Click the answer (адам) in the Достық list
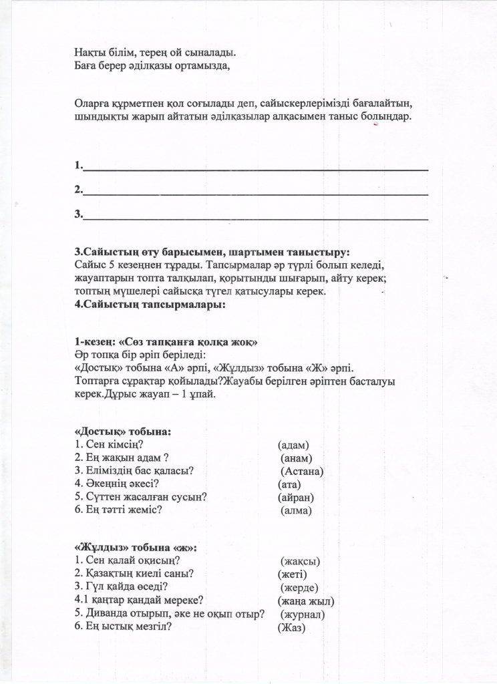[294, 444]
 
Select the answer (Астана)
[302, 471]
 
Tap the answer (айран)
[296, 497]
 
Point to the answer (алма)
[297, 510]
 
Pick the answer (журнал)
[303, 614]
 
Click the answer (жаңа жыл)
[305, 601]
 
